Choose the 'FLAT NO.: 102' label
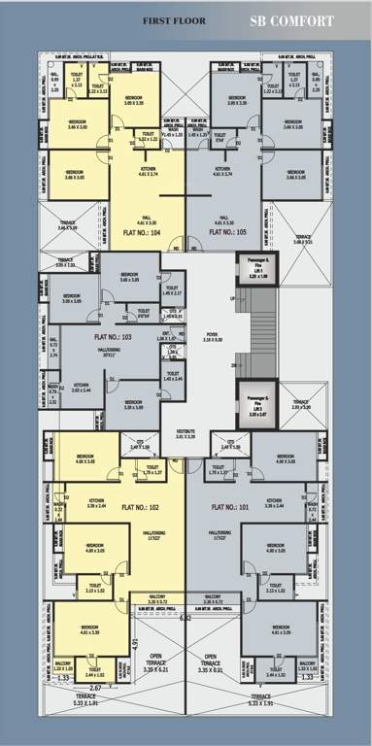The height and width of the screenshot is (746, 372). click(140, 508)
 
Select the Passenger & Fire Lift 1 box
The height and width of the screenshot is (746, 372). click(251, 269)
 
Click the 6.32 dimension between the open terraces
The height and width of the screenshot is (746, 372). click(186, 617)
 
